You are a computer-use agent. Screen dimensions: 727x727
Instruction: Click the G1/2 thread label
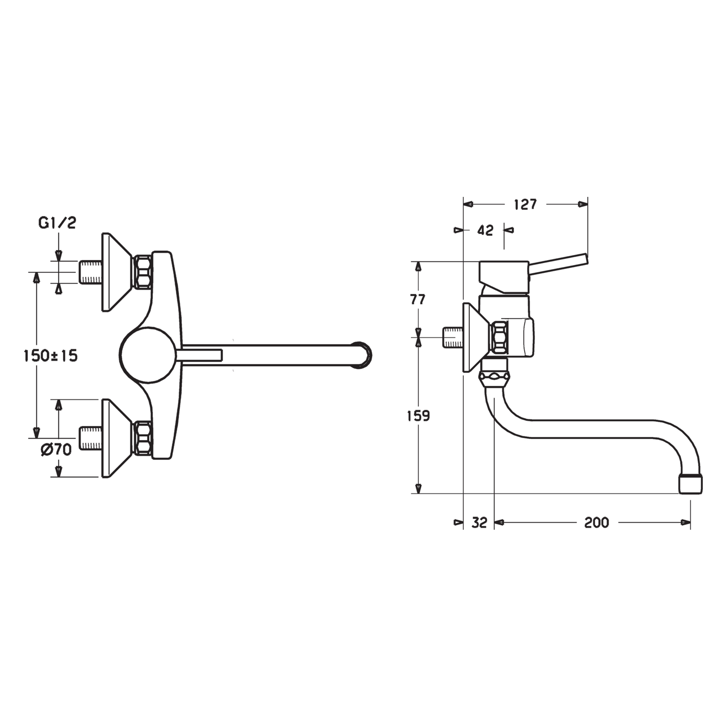(57, 223)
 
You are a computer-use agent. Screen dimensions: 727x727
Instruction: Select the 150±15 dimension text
(50, 356)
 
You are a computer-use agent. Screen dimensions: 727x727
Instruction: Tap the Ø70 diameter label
(56, 449)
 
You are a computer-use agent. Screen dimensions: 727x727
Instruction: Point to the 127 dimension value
(525, 204)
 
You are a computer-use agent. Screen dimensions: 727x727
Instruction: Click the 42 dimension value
(485, 230)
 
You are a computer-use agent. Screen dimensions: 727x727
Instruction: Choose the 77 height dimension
(418, 300)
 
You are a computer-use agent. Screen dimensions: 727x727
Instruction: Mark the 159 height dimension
(418, 416)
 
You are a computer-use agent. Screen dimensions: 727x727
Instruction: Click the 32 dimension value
(479, 523)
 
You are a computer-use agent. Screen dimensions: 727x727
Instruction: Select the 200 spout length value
(596, 523)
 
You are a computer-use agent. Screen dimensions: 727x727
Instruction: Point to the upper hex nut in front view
(144, 272)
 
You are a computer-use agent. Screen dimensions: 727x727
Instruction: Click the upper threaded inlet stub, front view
(90, 272)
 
